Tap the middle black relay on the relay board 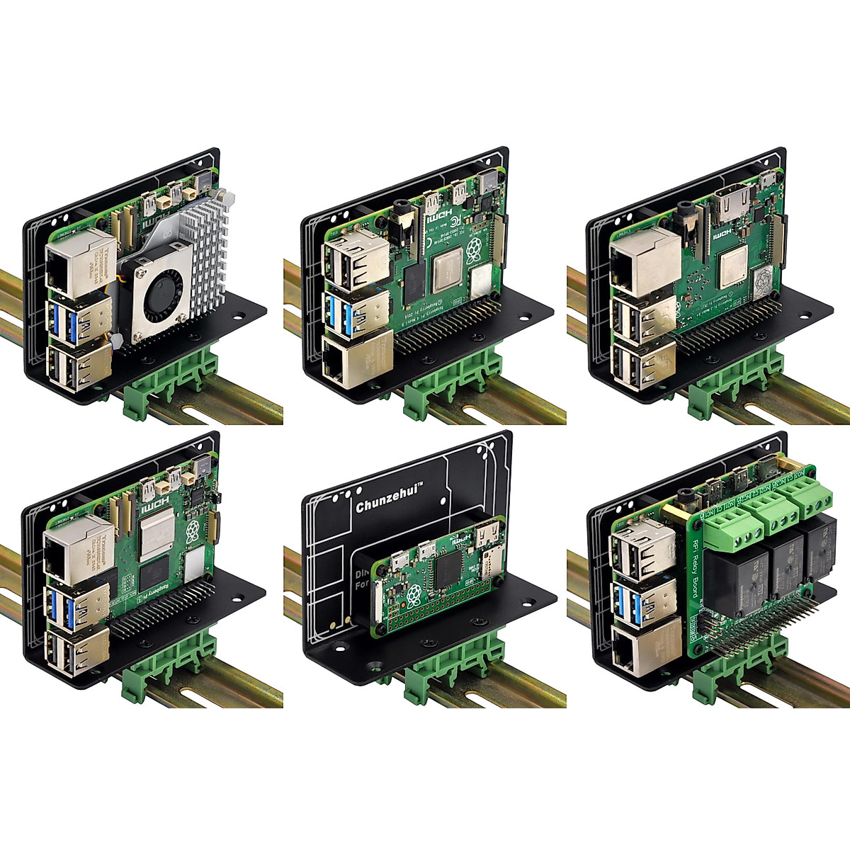(784, 567)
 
